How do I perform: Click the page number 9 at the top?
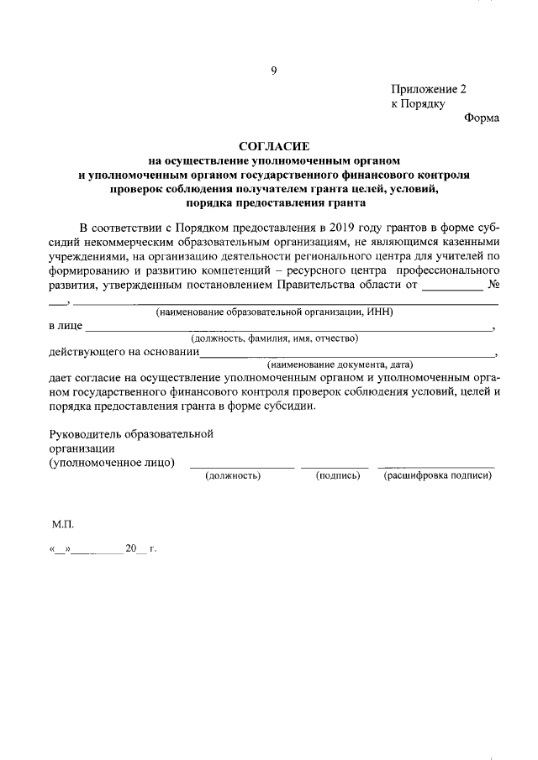(x=273, y=71)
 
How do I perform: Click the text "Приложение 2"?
(x=428, y=89)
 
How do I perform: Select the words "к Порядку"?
(x=417, y=103)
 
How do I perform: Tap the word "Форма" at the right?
(x=482, y=118)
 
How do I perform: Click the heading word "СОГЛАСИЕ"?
(x=273, y=145)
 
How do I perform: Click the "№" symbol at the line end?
(x=493, y=284)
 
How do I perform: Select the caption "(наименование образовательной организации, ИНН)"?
(x=275, y=312)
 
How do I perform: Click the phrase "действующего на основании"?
(x=124, y=352)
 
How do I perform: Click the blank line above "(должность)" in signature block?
(x=241, y=465)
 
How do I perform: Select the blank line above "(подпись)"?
(x=335, y=465)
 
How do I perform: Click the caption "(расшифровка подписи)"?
(x=437, y=476)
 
